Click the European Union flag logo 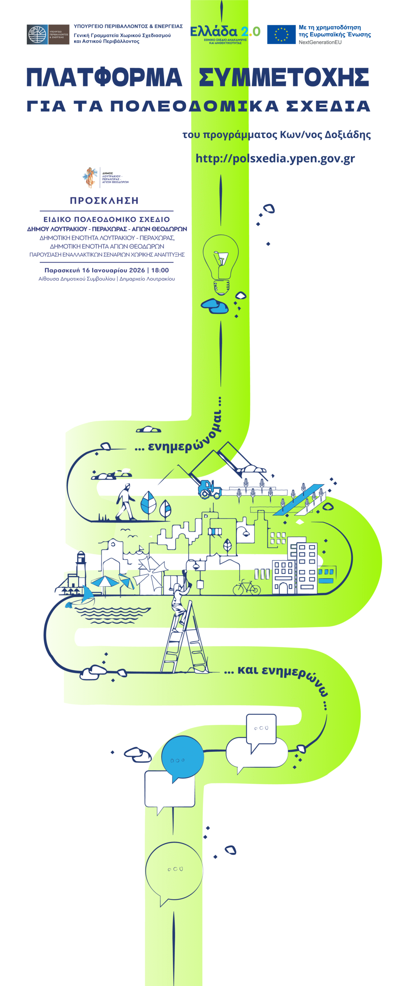pyautogui.click(x=281, y=34)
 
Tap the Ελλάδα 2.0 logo pyautogui.click(x=225, y=33)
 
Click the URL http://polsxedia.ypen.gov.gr pyautogui.click(x=275, y=158)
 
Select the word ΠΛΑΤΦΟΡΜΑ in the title pyautogui.click(x=104, y=77)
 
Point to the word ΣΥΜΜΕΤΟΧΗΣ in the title pyautogui.click(x=284, y=77)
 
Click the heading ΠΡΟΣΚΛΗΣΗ pyautogui.click(x=104, y=200)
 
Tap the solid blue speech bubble pyautogui.click(x=182, y=758)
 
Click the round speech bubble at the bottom pyautogui.click(x=174, y=871)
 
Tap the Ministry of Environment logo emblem pyautogui.click(x=37, y=34)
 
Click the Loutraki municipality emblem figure pyautogui.click(x=90, y=177)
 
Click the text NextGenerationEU pyautogui.click(x=320, y=42)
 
